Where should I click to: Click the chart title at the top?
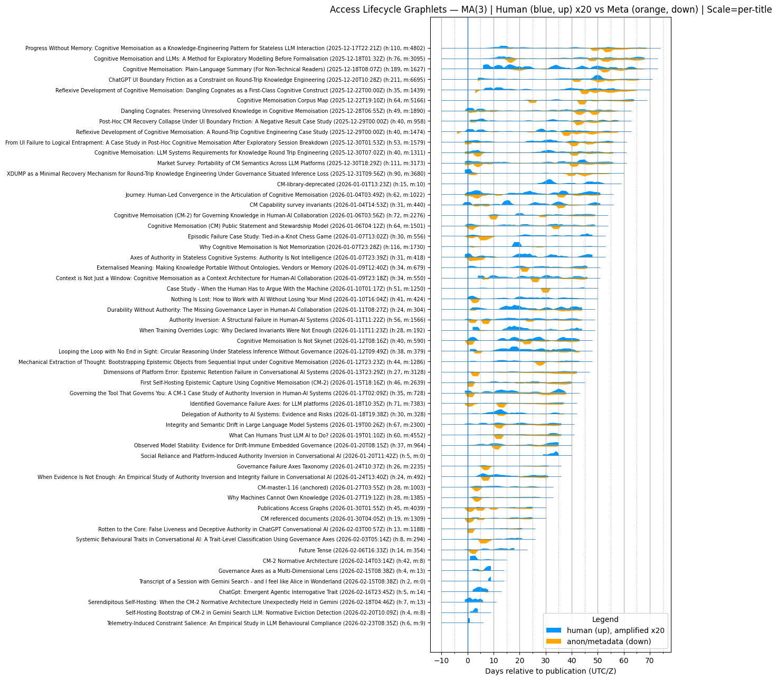(x=551, y=9)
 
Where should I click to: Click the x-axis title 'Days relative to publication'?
(x=551, y=671)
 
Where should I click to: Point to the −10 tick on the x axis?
(x=441, y=660)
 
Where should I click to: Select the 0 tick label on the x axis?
(x=468, y=660)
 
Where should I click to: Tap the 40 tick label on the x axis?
(x=572, y=660)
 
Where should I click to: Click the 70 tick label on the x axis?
(x=650, y=660)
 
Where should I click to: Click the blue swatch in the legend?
(x=555, y=630)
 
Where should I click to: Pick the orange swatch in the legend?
(x=555, y=641)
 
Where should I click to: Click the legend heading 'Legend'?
(x=605, y=619)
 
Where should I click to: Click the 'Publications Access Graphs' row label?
(x=341, y=508)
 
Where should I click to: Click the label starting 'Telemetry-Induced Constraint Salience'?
(x=266, y=623)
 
